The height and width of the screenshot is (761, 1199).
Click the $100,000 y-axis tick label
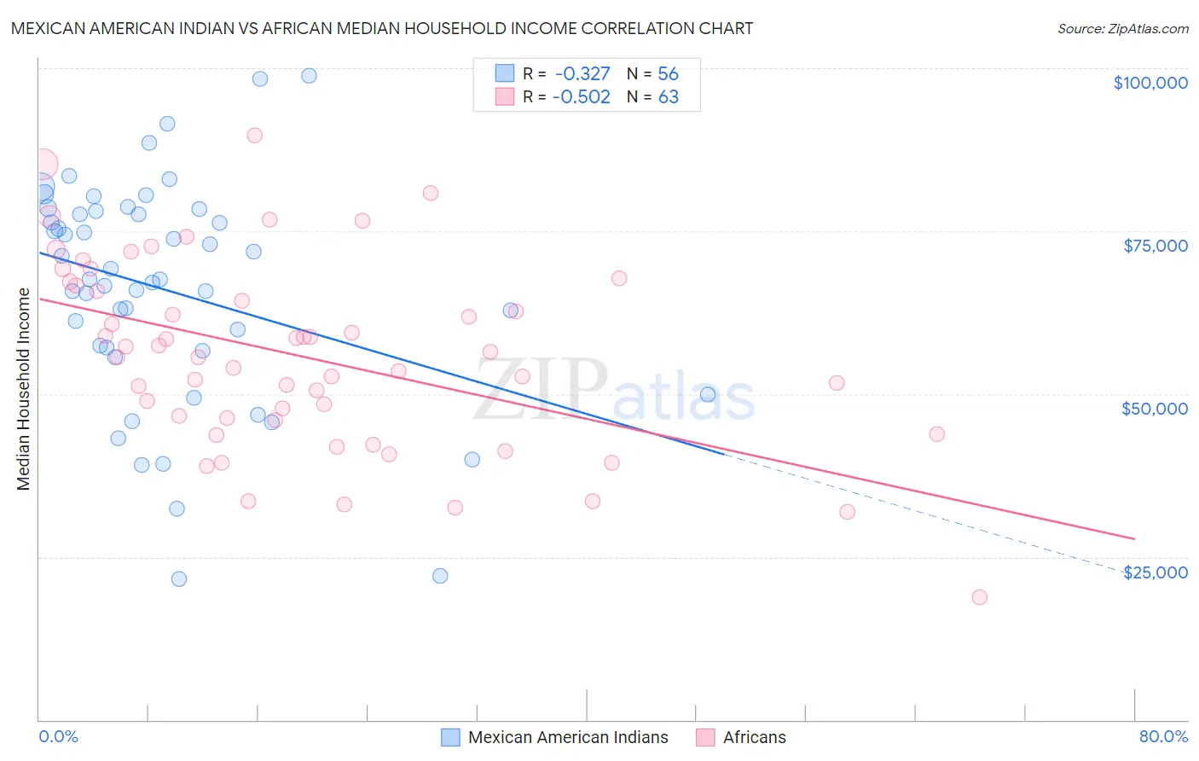pos(1150,83)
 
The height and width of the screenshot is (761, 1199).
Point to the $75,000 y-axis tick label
pos(1155,246)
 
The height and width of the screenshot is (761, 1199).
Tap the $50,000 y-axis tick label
pos(1154,409)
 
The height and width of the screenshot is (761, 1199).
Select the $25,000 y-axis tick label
pos(1155,572)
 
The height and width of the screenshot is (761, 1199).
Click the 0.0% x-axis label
pos(58,736)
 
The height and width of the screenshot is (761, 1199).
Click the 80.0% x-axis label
pos(1163,736)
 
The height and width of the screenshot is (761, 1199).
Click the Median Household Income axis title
pos(24,389)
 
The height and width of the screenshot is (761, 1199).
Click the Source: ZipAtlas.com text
pos(1122,29)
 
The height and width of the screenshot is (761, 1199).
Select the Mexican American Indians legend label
pos(568,737)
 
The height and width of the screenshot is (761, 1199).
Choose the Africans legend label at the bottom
pos(754,737)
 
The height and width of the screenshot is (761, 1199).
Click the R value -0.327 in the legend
pos(582,73)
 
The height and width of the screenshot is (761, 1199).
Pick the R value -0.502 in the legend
pos(582,96)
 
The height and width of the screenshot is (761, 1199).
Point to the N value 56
pos(668,73)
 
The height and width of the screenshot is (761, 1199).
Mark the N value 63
pos(668,96)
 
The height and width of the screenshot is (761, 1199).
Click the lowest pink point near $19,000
pos(979,597)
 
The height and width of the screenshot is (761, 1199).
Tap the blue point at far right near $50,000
pos(707,394)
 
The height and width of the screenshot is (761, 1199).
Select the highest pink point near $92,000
pos(254,135)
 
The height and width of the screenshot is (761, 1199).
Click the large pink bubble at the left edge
pos(43,164)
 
